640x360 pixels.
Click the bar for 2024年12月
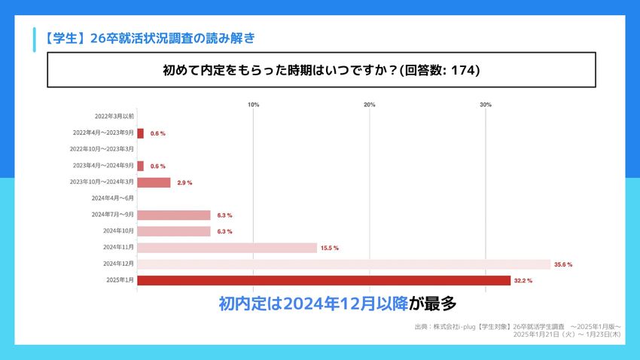(x=343, y=264)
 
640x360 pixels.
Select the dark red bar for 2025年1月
(x=324, y=281)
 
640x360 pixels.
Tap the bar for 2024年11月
(x=227, y=248)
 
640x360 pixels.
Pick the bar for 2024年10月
(x=174, y=231)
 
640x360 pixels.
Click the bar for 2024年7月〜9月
(x=174, y=215)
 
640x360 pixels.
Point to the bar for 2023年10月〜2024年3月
(x=154, y=182)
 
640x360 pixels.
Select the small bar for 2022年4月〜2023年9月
(x=140, y=133)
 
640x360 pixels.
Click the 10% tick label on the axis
(x=254, y=105)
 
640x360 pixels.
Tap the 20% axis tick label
(x=370, y=105)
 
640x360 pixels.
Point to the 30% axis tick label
(x=486, y=105)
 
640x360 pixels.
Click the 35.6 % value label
(x=563, y=264)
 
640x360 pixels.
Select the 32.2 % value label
(x=523, y=281)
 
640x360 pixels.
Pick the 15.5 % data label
(x=330, y=248)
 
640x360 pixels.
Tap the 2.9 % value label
(x=184, y=182)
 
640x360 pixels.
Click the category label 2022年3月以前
(x=114, y=117)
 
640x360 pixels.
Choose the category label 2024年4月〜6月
(x=112, y=198)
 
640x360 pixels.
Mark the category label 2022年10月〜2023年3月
(x=102, y=149)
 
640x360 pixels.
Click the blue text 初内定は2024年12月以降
(x=313, y=304)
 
